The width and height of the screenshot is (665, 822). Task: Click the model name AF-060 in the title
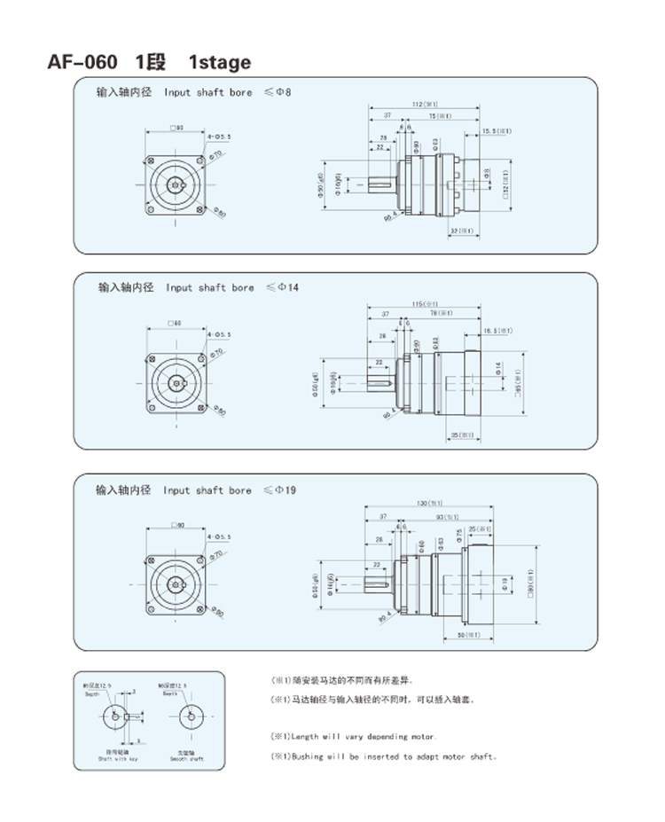82,62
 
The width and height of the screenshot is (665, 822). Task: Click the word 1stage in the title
220,62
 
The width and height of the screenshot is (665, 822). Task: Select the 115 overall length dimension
425,304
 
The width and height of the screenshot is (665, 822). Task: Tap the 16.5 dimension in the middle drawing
497,330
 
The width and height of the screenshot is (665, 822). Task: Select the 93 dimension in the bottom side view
446,517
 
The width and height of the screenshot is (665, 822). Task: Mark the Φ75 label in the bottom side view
459,535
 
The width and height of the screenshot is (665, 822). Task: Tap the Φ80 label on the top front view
219,213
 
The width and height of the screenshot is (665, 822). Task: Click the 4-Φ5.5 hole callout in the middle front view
218,335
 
